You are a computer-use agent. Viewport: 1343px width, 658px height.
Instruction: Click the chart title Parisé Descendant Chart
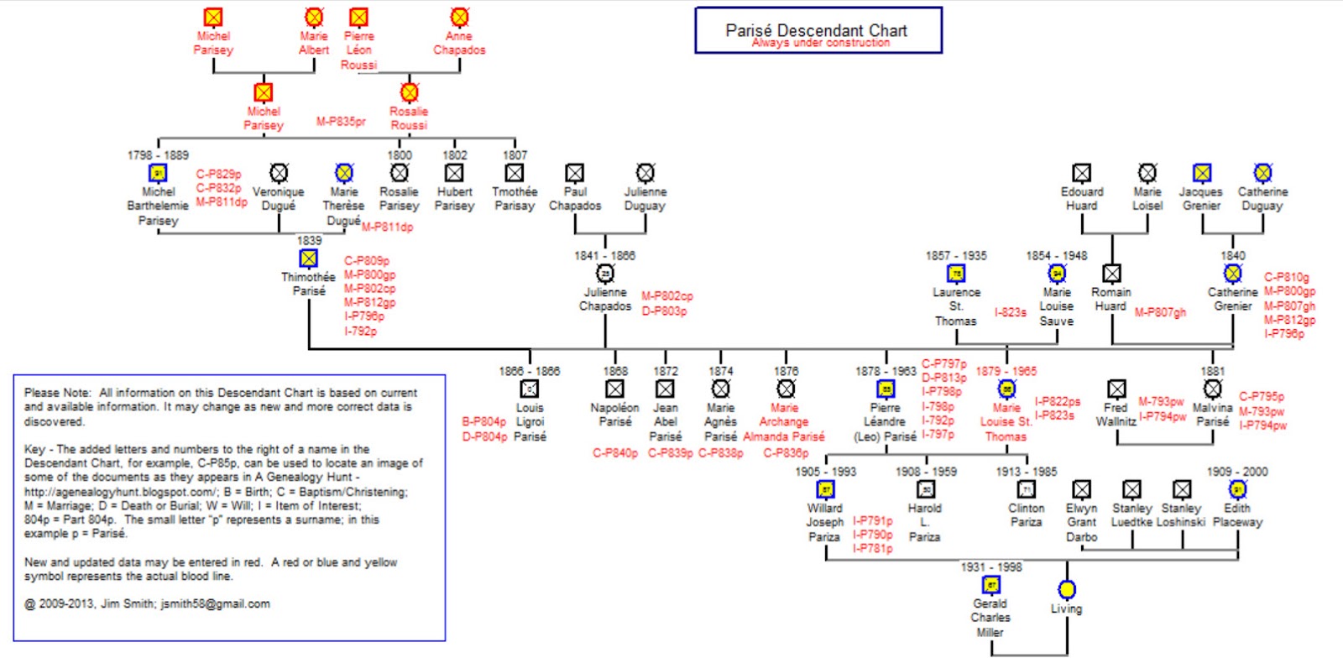click(816, 29)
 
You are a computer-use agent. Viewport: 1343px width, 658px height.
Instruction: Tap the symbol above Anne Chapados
click(459, 17)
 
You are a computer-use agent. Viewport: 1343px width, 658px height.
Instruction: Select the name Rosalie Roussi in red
click(409, 117)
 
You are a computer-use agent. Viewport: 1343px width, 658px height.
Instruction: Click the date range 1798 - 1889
click(158, 155)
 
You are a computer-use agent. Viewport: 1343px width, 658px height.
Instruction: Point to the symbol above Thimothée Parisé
click(309, 258)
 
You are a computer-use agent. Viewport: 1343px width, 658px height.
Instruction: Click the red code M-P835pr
click(341, 121)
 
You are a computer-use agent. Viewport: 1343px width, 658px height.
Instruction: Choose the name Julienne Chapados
click(605, 299)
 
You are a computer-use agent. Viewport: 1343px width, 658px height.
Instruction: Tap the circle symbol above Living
click(1066, 589)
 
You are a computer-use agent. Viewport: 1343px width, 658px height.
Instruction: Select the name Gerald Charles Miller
click(990, 617)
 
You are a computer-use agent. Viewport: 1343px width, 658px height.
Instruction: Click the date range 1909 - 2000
click(1237, 472)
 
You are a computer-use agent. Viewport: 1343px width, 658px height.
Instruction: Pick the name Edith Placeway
click(1237, 514)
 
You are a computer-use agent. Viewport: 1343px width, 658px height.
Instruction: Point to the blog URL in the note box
click(119, 492)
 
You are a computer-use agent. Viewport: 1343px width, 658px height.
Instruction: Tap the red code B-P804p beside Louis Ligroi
click(483, 421)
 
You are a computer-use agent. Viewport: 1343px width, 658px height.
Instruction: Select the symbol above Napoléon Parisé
click(614, 389)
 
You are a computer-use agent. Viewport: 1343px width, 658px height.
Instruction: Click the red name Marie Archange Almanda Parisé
click(784, 422)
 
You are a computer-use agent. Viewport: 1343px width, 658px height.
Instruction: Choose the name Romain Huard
click(1110, 299)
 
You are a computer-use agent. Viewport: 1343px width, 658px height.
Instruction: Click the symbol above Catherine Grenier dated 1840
click(1232, 274)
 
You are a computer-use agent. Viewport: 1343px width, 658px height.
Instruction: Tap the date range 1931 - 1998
click(991, 567)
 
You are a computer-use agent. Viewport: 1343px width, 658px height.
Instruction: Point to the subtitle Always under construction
click(820, 43)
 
